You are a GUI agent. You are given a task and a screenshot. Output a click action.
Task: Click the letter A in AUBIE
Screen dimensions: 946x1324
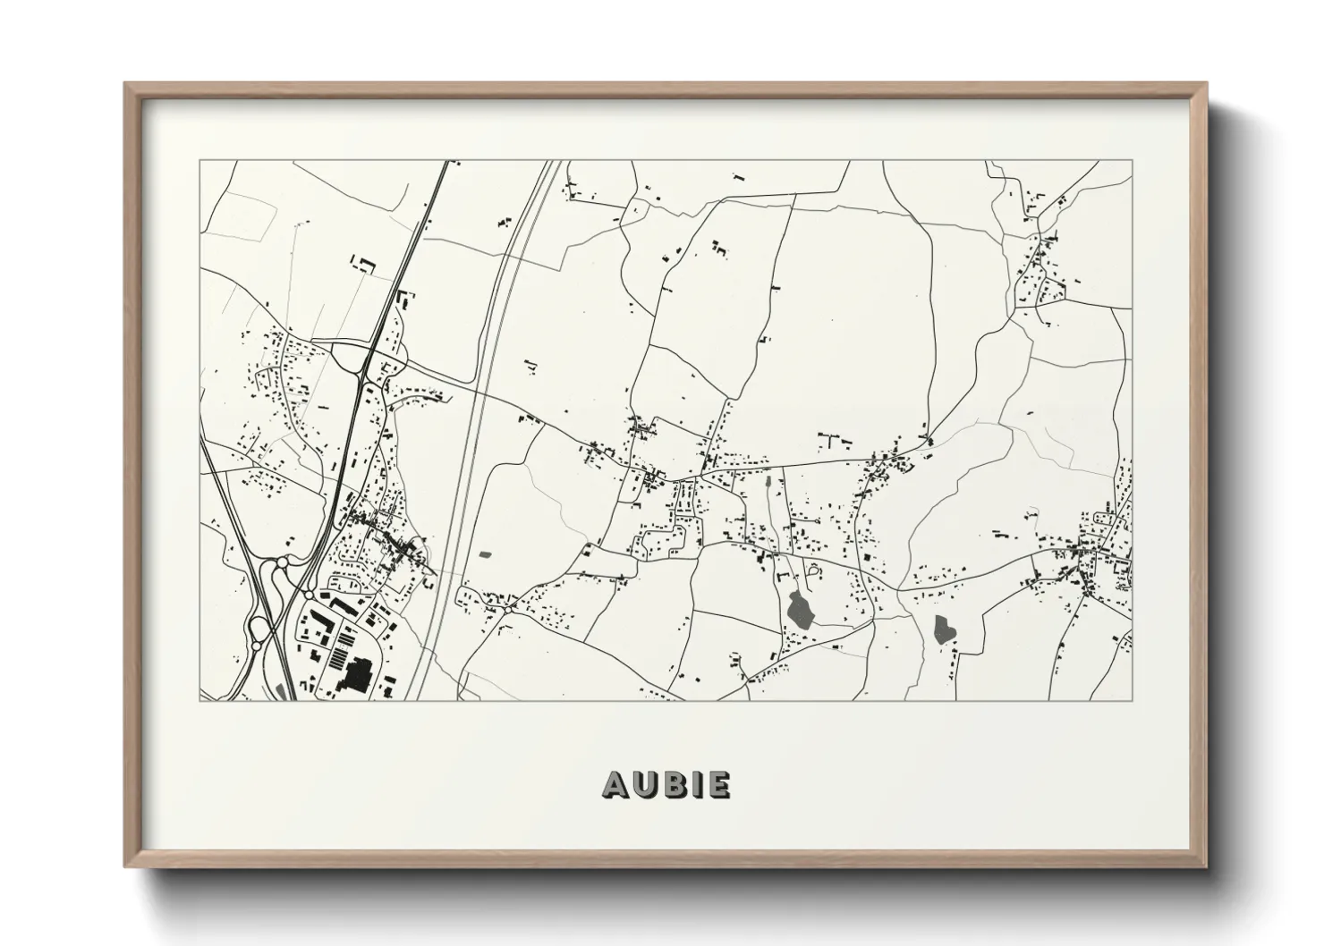point(617,784)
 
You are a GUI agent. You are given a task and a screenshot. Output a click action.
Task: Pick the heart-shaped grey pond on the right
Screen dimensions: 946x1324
point(943,629)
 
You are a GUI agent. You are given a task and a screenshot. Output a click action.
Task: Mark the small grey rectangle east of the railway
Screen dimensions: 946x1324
point(486,555)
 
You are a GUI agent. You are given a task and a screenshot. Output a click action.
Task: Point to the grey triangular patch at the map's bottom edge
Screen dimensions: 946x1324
point(284,690)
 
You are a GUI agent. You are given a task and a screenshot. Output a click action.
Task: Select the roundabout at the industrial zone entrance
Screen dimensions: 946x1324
point(309,594)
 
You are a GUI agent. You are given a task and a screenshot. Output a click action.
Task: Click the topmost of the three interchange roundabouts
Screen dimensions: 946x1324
point(284,562)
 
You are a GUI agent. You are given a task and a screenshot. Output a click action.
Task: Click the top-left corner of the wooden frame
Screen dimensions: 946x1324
point(126,84)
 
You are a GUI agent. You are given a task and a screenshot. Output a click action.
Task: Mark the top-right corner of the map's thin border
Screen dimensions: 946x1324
point(1132,161)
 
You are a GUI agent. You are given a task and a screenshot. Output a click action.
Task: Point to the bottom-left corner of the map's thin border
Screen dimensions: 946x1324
point(199,700)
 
